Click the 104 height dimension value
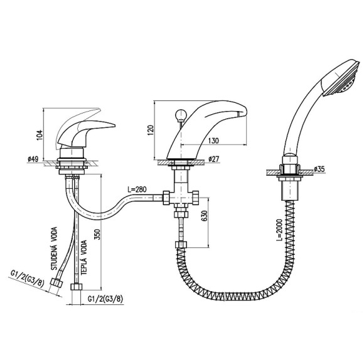pos(40,134)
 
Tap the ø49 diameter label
pos(33,159)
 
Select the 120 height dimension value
pos(151,131)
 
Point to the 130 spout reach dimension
pos(213,141)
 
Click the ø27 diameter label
pos(214,159)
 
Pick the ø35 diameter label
pos(319,169)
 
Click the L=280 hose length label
pos(137,189)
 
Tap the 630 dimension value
pos(205,216)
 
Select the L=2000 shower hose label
pos(279,230)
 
